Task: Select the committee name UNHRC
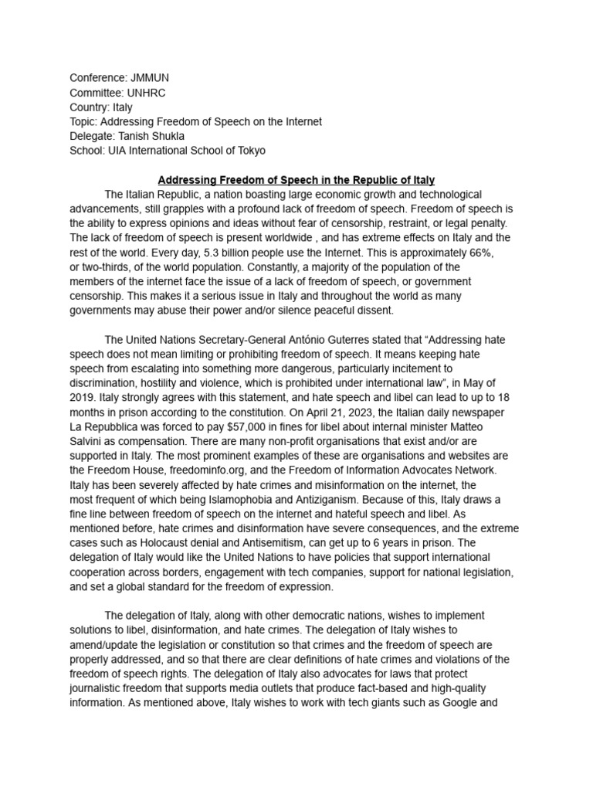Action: tap(145, 93)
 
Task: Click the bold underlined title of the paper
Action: tap(296, 180)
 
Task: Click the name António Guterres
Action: tap(335, 340)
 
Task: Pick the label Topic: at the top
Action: tap(84, 122)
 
